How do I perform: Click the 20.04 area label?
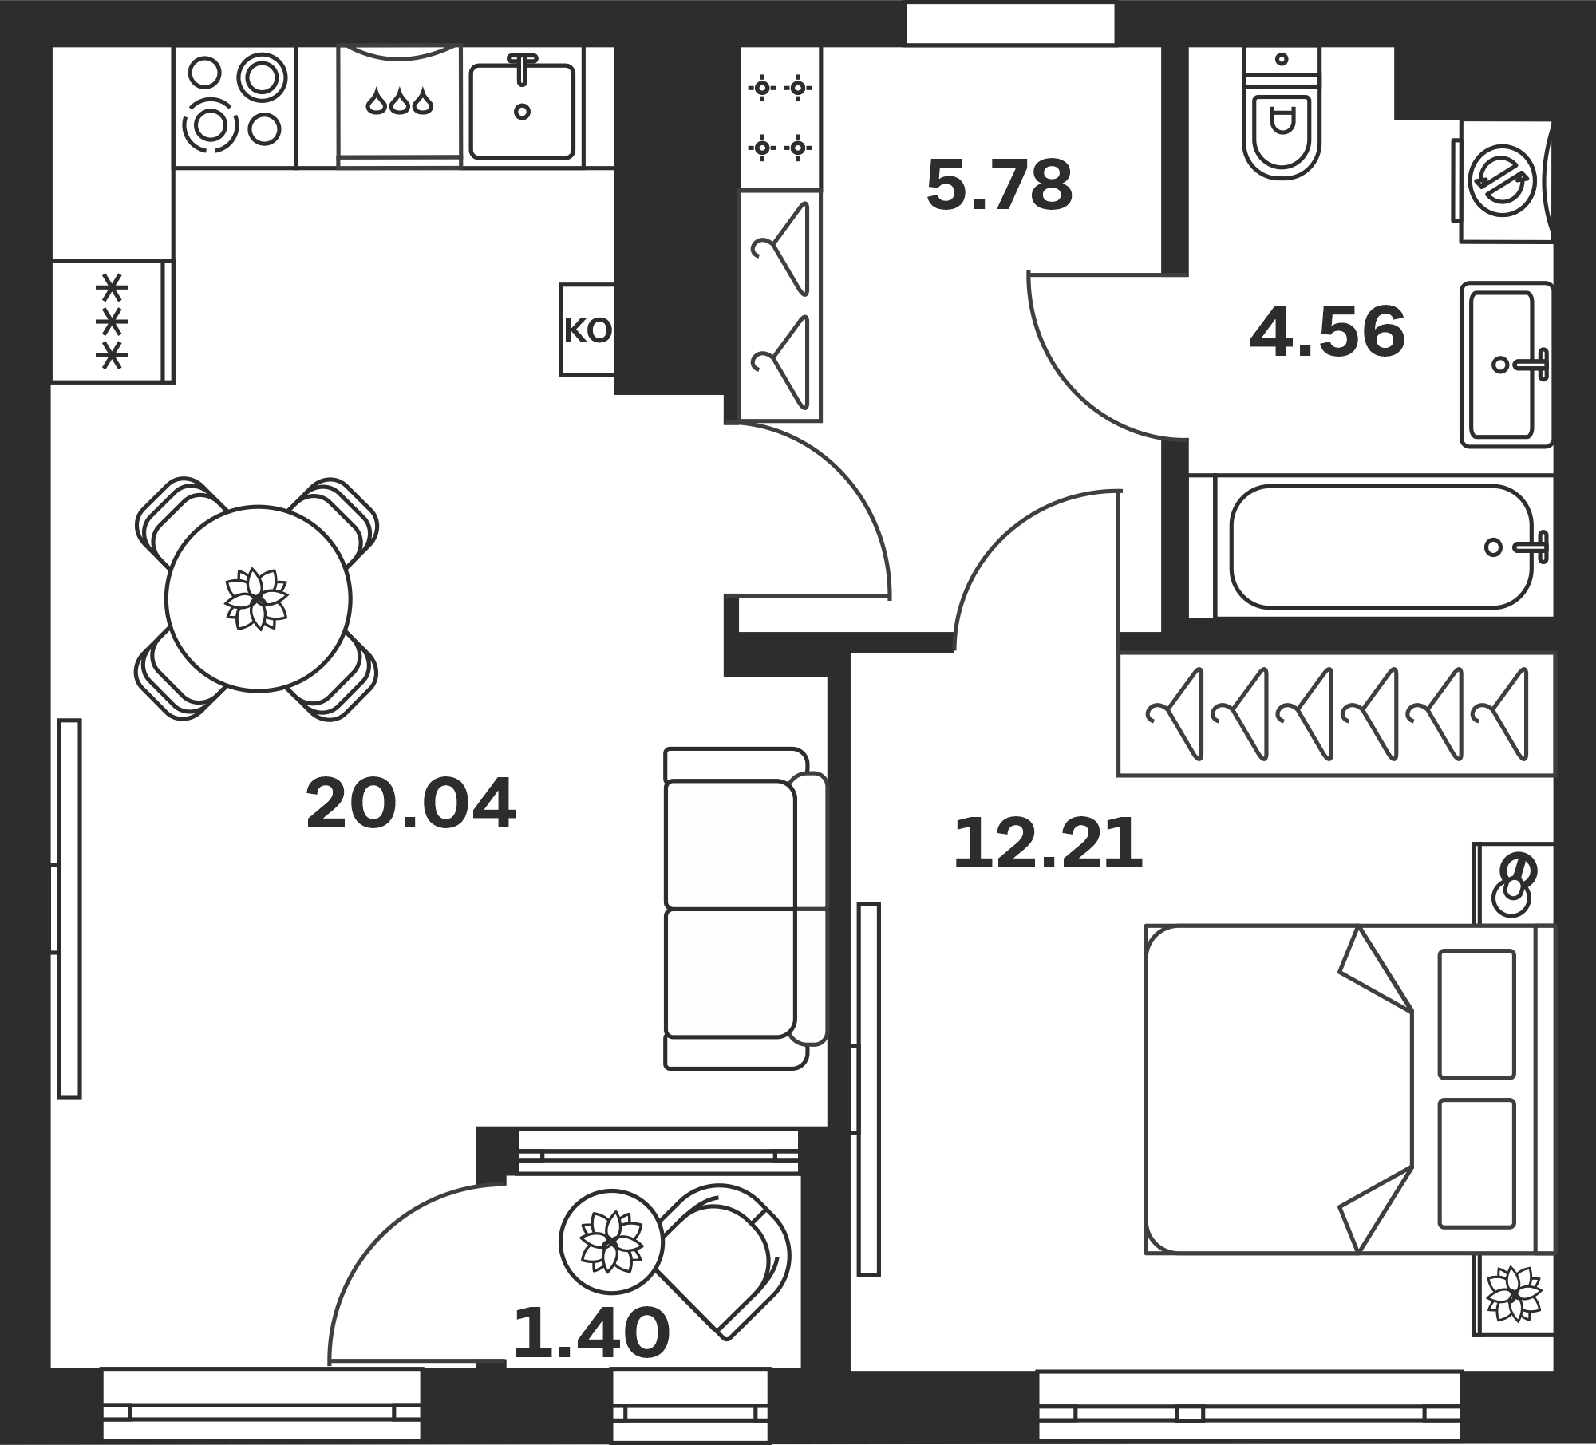[410, 804]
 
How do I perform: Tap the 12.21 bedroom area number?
[1048, 844]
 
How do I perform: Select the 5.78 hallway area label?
[999, 185]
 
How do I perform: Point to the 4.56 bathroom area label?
[1327, 332]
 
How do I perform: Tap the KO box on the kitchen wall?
[587, 330]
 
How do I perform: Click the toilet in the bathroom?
[1282, 113]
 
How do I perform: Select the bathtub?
[1384, 547]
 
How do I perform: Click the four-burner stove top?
[235, 107]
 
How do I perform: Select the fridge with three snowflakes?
[113, 321]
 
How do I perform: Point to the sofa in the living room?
[745, 908]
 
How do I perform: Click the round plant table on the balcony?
[611, 1242]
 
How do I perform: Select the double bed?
[1349, 1089]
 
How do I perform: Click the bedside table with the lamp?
[1514, 884]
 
